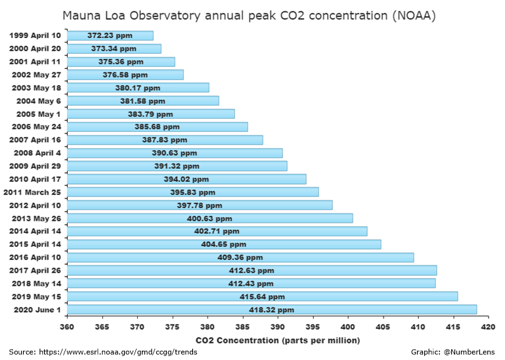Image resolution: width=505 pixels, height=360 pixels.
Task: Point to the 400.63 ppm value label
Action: click(210, 218)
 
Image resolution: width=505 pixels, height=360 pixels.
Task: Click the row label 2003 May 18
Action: click(37, 87)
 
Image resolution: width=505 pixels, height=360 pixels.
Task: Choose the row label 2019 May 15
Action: click(37, 296)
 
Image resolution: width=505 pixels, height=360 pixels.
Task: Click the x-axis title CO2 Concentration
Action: click(278, 340)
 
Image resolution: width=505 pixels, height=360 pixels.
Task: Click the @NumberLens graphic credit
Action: click(469, 352)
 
